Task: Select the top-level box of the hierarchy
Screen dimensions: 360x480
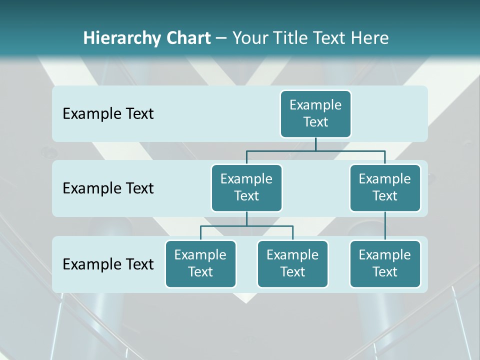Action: tap(315, 113)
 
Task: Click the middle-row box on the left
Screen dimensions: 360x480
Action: tap(246, 187)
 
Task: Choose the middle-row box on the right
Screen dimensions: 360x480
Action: tap(385, 187)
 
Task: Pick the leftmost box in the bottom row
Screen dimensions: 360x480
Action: tap(200, 263)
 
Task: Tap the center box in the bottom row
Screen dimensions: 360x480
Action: tap(292, 263)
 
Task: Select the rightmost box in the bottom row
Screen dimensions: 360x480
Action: tap(385, 263)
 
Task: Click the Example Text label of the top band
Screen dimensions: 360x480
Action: tap(108, 114)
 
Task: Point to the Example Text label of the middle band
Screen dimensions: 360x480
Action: tap(108, 188)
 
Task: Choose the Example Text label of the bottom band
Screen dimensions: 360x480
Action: tap(108, 264)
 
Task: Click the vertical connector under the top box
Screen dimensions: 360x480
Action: tap(315, 144)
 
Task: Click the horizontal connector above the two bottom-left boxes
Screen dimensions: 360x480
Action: tap(246, 226)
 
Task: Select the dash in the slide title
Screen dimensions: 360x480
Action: tap(221, 38)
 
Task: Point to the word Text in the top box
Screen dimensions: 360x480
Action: tap(315, 122)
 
